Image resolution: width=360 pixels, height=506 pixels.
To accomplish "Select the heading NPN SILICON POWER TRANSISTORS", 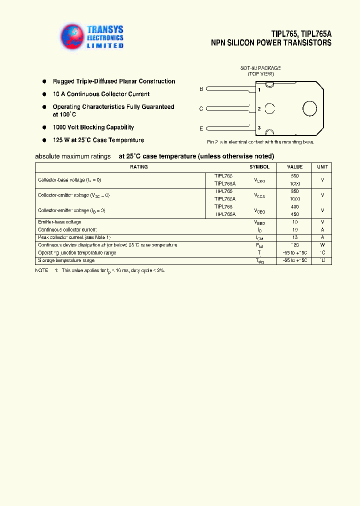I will [271, 43].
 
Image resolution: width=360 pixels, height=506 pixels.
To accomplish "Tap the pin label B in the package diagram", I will [201, 89].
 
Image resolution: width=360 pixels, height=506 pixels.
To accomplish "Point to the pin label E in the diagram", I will [201, 128].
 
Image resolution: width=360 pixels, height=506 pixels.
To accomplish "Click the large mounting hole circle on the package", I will [309, 108].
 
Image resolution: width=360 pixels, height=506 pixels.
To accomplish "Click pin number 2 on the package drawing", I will [259, 108].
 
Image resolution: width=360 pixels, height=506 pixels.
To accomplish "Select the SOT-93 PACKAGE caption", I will [260, 67].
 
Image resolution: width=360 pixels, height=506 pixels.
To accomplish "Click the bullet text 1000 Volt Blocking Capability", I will [93, 127].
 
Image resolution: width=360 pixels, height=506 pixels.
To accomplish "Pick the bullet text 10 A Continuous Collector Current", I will [101, 94].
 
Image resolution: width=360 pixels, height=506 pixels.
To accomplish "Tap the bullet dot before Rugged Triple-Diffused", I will [44, 81].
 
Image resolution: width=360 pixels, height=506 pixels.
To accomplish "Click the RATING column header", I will [138, 167].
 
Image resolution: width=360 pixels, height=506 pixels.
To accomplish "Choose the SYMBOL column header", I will [259, 167].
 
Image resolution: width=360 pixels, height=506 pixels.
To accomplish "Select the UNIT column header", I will [322, 167].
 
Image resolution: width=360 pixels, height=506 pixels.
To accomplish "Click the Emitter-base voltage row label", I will [59, 222].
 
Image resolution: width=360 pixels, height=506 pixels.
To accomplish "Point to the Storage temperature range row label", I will [66, 260].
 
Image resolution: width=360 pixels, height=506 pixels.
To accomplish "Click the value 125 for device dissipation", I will [294, 245].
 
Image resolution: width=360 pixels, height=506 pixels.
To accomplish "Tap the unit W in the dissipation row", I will [322, 245].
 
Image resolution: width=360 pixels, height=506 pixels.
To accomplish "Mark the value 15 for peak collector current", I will [294, 237].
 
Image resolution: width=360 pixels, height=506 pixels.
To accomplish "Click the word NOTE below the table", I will [41, 270].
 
